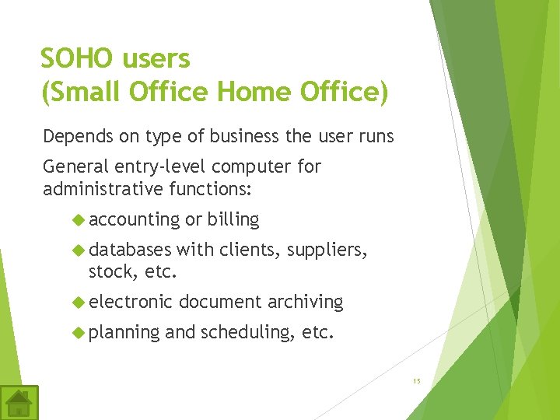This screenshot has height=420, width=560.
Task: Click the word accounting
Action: click(135, 220)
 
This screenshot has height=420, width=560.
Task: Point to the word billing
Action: click(233, 220)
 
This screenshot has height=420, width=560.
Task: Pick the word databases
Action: click(130, 250)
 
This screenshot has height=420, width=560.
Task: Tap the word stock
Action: click(108, 272)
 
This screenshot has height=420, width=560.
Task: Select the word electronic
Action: click(130, 303)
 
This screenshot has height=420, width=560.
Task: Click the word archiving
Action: click(305, 303)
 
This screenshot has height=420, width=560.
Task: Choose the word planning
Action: click(124, 333)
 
